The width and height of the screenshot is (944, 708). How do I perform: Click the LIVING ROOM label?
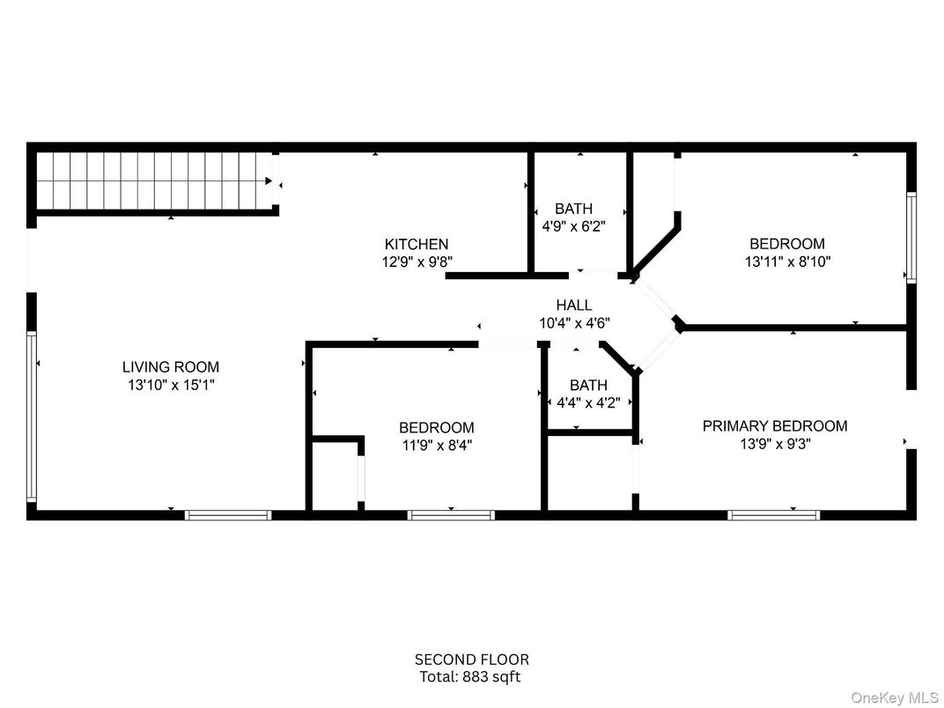[170, 367]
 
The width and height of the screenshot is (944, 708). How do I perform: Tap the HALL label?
[573, 306]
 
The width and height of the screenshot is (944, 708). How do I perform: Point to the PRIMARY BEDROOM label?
[774, 426]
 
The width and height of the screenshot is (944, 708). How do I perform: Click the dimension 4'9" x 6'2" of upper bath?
[573, 226]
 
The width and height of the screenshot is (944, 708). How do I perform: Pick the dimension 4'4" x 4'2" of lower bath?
[587, 402]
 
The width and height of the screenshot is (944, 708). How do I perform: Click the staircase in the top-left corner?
[153, 181]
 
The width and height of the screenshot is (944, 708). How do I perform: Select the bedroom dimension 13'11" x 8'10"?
[787, 262]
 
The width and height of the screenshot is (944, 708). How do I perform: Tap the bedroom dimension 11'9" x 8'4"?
[437, 446]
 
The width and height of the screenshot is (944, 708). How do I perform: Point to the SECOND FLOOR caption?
[472, 660]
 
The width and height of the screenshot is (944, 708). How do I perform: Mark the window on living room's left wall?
[32, 417]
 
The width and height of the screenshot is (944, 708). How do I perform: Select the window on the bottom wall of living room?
[228, 514]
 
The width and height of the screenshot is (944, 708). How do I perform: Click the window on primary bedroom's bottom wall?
[773, 514]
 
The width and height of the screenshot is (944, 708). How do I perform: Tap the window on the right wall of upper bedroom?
[911, 237]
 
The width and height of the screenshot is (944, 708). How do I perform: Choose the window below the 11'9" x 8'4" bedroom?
[451, 514]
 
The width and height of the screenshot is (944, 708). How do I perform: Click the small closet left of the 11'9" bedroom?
[334, 476]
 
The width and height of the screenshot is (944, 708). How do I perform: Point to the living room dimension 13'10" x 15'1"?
[170, 385]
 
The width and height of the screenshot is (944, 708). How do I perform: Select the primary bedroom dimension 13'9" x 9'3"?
[774, 444]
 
